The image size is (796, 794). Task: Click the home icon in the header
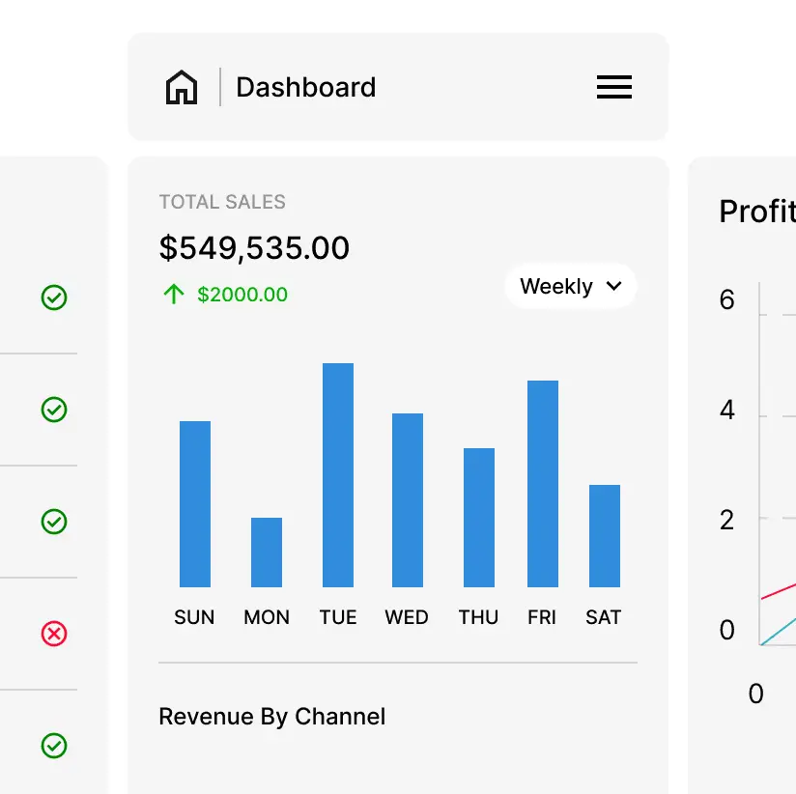182,88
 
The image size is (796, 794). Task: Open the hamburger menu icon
614,88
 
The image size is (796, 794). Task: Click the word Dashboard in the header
305,88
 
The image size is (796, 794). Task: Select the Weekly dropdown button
570,286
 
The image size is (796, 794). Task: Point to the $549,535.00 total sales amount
254,248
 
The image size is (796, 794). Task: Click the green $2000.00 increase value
242,295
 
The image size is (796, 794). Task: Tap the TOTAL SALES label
222,202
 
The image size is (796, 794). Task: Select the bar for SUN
195,503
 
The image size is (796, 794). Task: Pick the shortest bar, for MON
267,552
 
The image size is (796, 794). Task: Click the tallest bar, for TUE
338,474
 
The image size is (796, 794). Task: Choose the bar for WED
408,499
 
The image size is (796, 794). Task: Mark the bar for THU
479,517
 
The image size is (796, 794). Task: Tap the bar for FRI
543,483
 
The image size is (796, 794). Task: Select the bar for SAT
605,535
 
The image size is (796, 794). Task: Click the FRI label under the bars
542,617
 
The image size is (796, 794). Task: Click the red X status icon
54,634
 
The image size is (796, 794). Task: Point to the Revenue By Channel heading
271,717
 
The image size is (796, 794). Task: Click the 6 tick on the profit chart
727,300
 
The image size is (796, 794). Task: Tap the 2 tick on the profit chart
727,521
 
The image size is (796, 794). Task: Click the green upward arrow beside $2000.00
174,295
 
